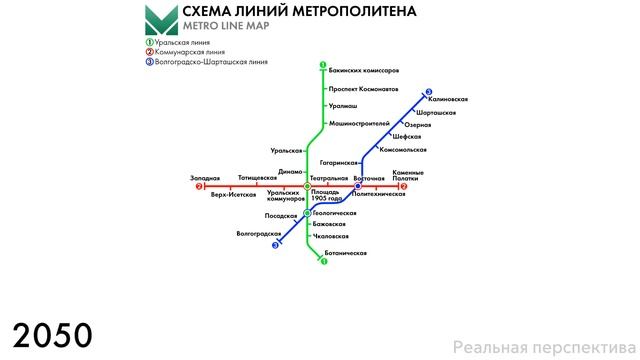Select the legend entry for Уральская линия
pyautogui.click(x=185, y=42)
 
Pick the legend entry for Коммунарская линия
pyautogui.click(x=190, y=52)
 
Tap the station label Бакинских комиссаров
pyautogui.click(x=363, y=71)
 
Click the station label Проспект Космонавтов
pyautogui.click(x=365, y=89)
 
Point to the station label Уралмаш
pyautogui.click(x=343, y=106)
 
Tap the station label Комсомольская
pyautogui.click(x=404, y=149)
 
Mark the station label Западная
pyautogui.click(x=204, y=178)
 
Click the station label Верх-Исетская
pyautogui.click(x=233, y=194)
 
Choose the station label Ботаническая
pyautogui.click(x=347, y=253)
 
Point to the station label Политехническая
pyautogui.click(x=379, y=194)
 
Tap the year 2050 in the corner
pyautogui.click(x=52, y=334)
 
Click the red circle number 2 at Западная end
pyautogui.click(x=199, y=186)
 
